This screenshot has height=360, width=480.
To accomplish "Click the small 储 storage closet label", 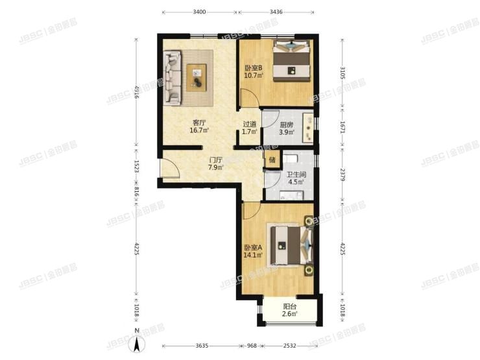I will point(272,160).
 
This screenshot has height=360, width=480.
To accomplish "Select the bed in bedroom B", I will point(290,61).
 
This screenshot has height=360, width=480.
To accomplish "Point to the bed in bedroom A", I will point(291,245).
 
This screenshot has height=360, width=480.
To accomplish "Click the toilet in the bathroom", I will point(292,158).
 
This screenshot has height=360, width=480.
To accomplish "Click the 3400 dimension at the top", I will point(200,12).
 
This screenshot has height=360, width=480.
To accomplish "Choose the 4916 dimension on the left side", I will point(136,92).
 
